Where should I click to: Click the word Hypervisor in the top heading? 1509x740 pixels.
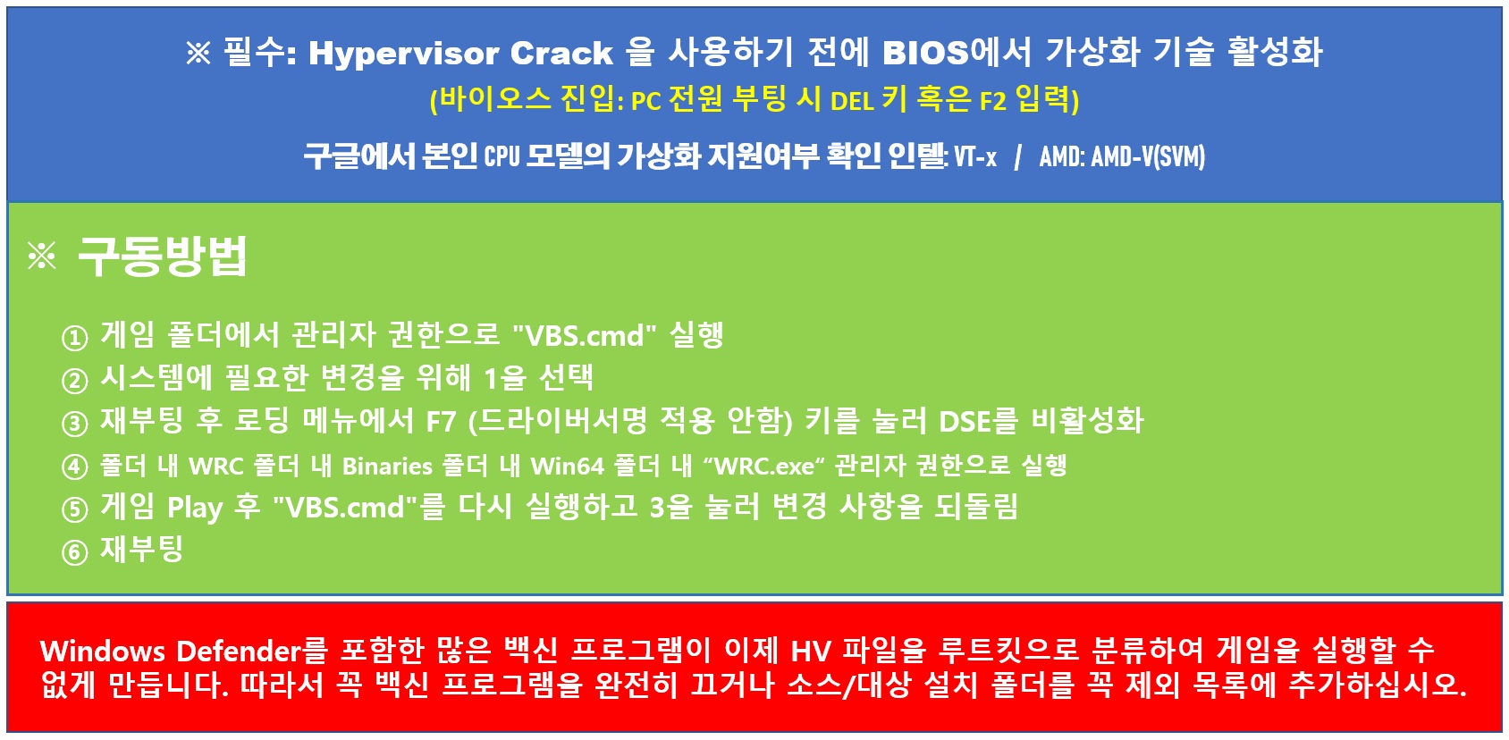tap(403, 54)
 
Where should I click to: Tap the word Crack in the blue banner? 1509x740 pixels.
tap(561, 53)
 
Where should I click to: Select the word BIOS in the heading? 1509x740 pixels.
tap(925, 53)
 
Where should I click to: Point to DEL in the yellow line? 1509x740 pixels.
tap(852, 101)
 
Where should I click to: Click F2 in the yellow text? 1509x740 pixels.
tap(992, 101)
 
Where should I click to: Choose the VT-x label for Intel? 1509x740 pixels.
tap(975, 157)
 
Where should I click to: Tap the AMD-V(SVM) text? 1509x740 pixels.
tap(1148, 157)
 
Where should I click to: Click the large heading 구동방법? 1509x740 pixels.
tap(163, 256)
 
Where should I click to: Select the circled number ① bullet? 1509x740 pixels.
tap(75, 337)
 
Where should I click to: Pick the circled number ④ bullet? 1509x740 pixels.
tap(75, 467)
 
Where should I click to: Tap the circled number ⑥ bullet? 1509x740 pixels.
tap(75, 552)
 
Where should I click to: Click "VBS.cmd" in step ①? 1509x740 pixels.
tap(584, 334)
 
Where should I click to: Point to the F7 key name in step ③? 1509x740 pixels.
tap(442, 422)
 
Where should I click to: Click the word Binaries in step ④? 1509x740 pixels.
tap(387, 466)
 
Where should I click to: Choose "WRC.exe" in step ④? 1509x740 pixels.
tap(764, 466)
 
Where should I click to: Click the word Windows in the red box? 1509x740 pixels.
tap(103, 652)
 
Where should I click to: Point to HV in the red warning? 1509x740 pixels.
tap(811, 652)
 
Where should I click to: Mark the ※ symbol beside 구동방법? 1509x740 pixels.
tap(42, 256)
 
